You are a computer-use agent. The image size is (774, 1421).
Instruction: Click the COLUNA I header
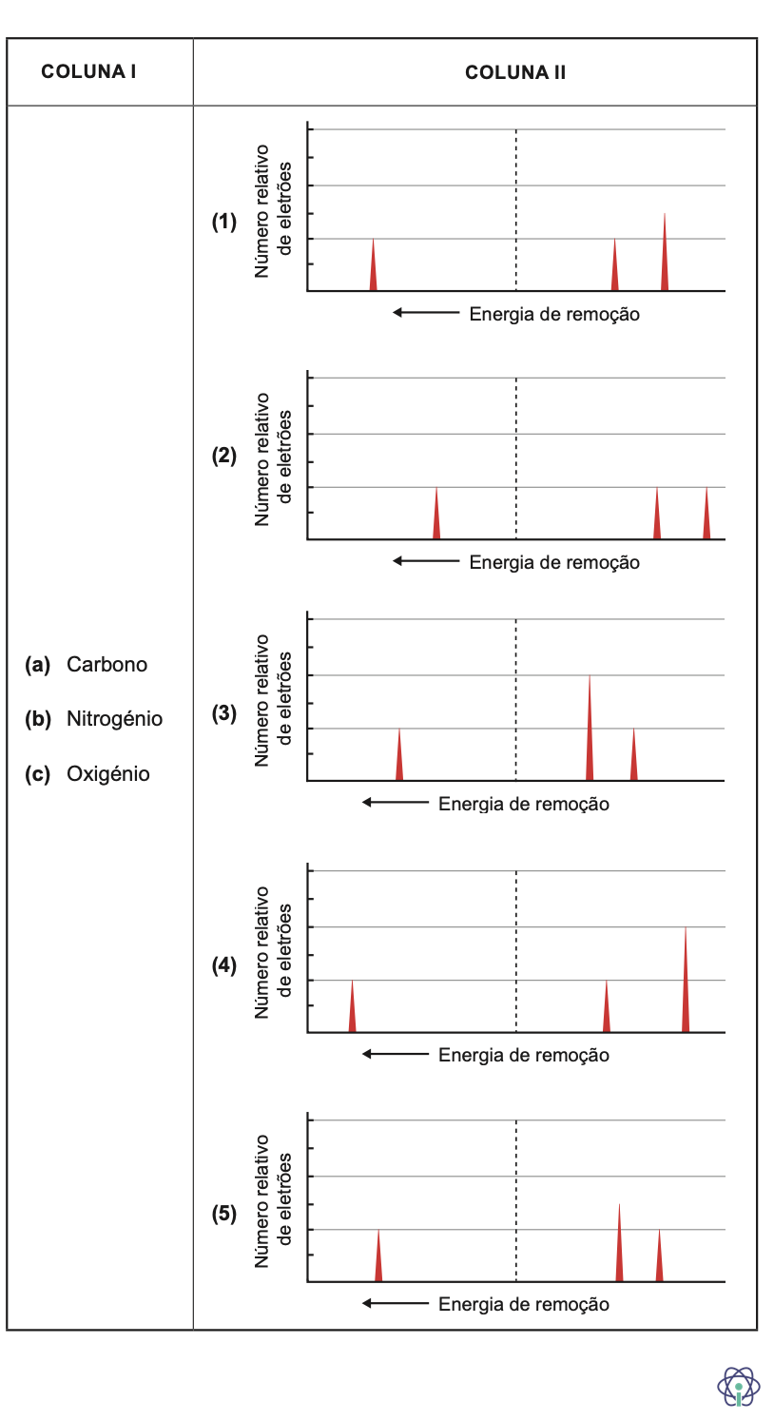(88, 72)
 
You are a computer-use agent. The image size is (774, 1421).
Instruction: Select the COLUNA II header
(515, 72)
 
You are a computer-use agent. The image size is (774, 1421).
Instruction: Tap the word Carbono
(106, 664)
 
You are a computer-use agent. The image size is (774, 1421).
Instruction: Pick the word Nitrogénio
(114, 719)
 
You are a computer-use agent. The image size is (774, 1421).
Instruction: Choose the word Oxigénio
(107, 774)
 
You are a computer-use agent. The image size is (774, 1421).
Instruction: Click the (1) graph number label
(224, 223)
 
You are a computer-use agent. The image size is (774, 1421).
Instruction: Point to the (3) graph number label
(224, 713)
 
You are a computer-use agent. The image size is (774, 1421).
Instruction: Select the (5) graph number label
(224, 1215)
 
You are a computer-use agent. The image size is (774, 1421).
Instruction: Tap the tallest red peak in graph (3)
(590, 732)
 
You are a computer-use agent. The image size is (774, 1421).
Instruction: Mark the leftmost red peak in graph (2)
(436, 518)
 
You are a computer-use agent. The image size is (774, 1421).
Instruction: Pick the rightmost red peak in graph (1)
(664, 257)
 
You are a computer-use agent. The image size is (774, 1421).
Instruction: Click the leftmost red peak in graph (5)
(378, 1260)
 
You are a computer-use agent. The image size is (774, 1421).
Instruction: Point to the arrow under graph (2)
(426, 561)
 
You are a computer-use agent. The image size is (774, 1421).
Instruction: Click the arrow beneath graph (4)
(396, 1054)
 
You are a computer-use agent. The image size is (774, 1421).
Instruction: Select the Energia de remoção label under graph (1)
(554, 315)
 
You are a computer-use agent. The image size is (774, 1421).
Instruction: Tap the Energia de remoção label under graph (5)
(524, 1304)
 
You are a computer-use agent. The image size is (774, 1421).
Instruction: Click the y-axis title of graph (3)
(272, 701)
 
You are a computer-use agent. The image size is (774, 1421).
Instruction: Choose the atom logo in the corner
(738, 1386)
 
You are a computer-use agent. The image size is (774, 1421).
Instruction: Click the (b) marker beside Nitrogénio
(39, 719)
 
